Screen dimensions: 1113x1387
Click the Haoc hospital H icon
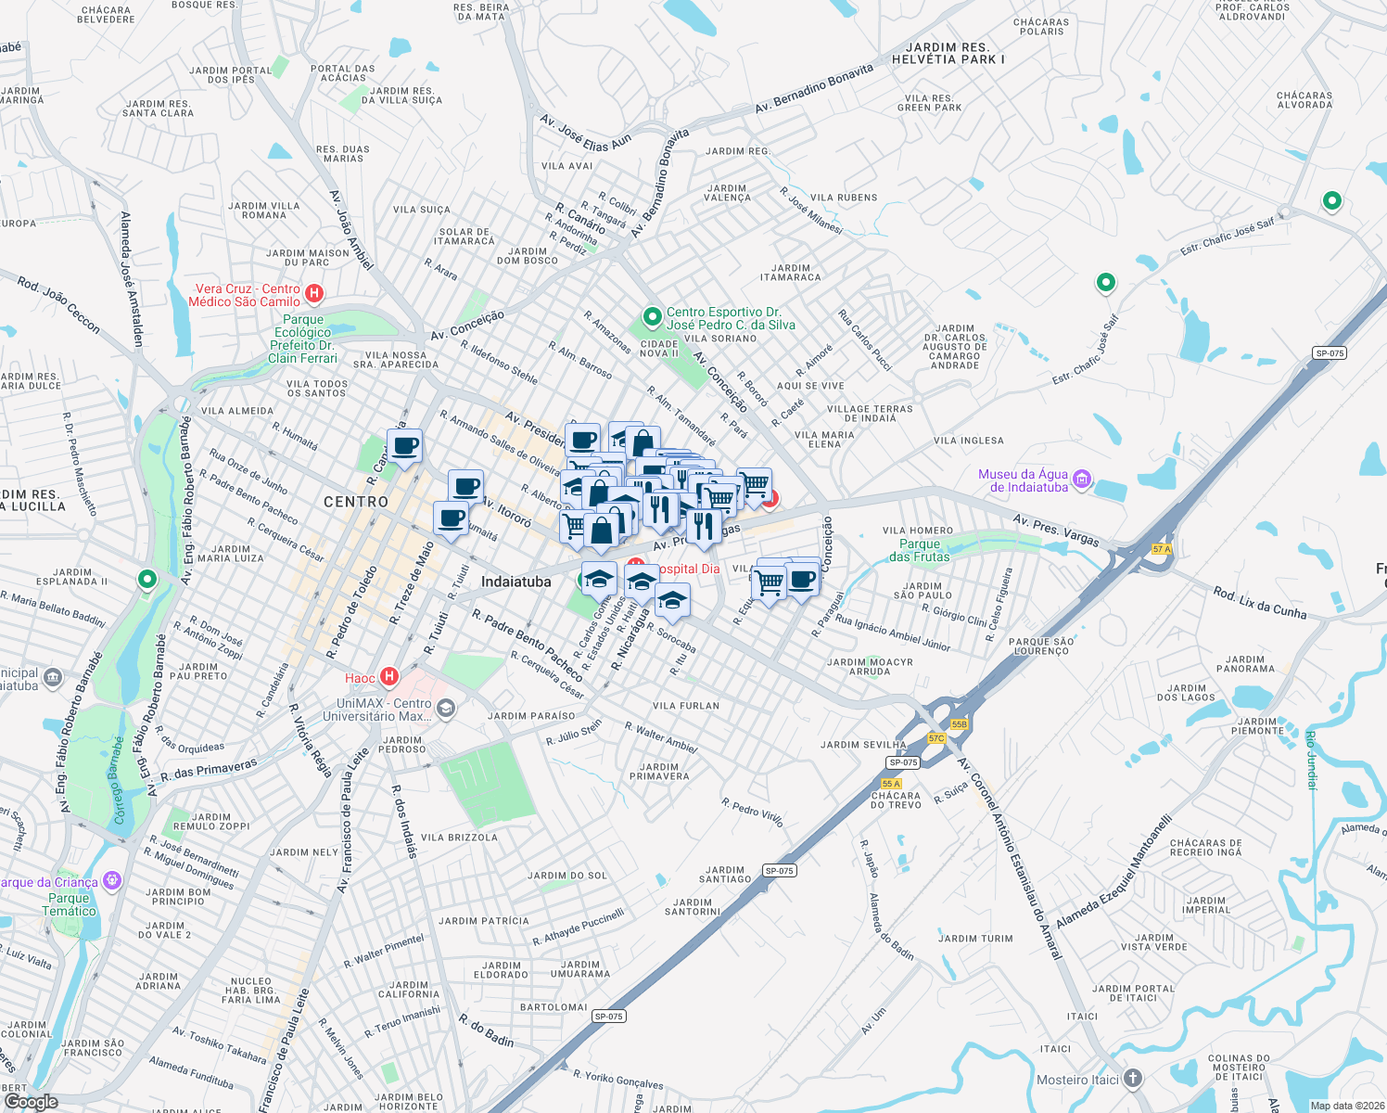pos(389,677)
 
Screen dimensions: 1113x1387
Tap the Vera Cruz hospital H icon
pos(314,294)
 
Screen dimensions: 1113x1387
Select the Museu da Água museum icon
pos(1081,480)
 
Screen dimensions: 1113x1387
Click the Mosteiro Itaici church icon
pos(1133,1079)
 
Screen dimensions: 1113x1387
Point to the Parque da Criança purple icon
pos(112,880)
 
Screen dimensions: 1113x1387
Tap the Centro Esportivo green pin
pos(652,317)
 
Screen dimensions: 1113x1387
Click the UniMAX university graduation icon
pos(446,710)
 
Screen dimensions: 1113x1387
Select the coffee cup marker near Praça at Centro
pos(404,446)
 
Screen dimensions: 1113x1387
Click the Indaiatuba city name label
pos(515,582)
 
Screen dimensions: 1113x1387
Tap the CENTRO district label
pos(356,502)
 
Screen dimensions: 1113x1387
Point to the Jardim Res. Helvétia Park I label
pos(948,54)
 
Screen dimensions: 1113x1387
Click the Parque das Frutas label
pos(920,551)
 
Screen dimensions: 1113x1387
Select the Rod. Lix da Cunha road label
pos(1259,603)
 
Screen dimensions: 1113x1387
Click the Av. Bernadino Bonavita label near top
pos(813,89)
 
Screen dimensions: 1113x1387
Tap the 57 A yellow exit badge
pos(1162,549)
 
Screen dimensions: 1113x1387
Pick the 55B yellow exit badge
pos(959,724)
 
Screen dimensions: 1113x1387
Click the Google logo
pos(31,1101)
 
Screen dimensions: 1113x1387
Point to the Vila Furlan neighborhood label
pos(686,706)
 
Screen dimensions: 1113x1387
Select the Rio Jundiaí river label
pos(1311,760)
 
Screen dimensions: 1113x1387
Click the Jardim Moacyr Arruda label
pos(870,667)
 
